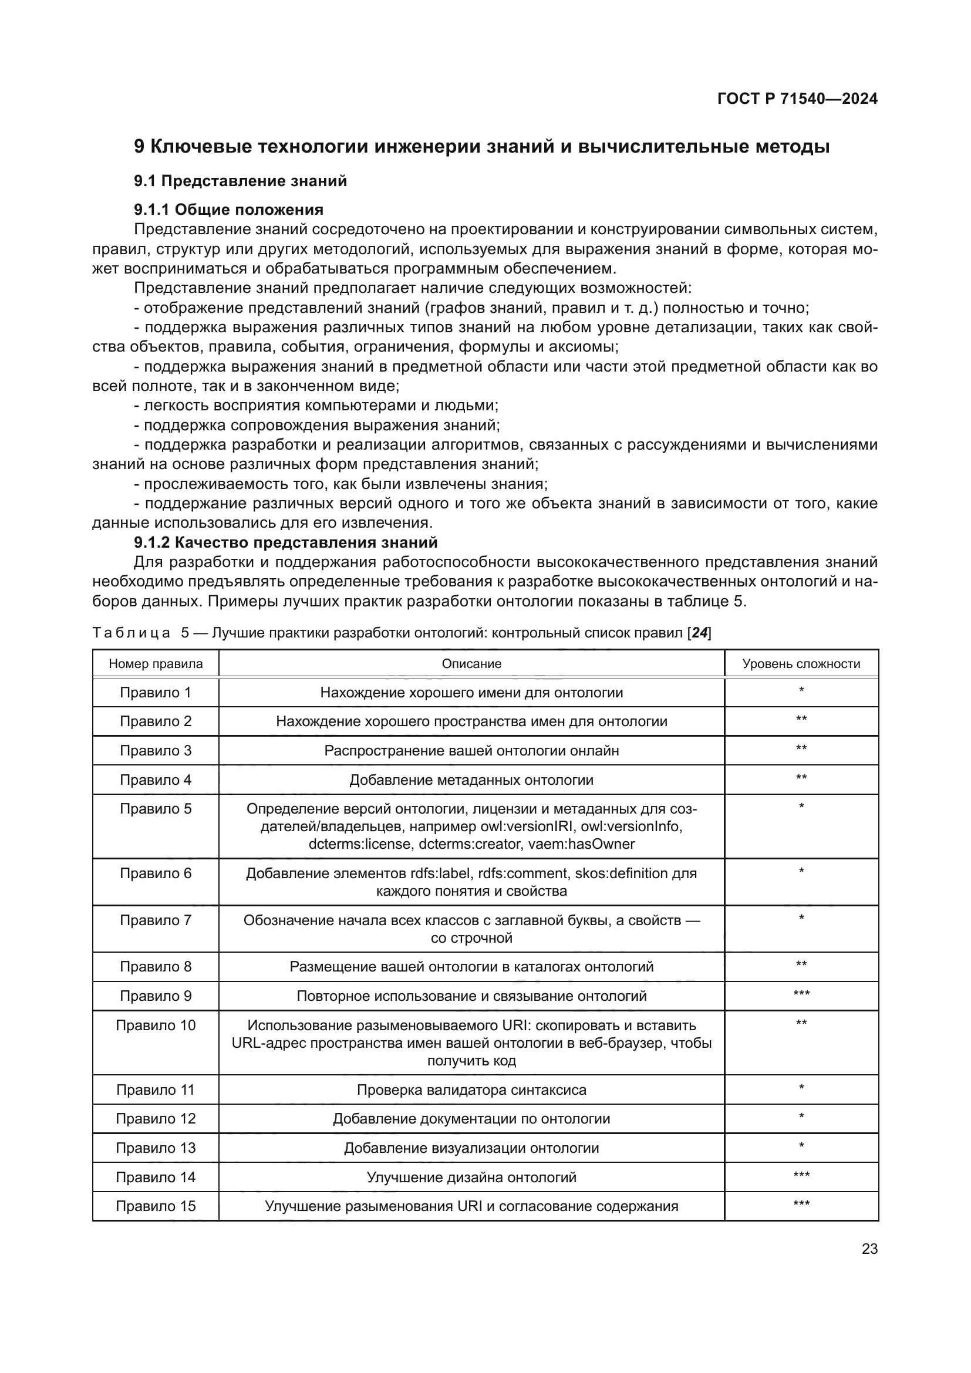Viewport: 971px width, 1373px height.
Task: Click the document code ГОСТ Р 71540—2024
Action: [x=797, y=99]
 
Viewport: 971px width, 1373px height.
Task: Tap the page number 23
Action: [x=869, y=1249]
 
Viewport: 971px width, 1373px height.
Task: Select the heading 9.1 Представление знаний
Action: [x=240, y=181]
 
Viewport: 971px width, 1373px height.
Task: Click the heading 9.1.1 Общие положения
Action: [x=228, y=210]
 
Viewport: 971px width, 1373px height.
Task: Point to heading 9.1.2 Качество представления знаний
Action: [x=286, y=542]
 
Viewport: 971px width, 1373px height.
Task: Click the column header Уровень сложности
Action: [x=801, y=663]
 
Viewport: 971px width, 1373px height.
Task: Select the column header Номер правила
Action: [x=156, y=663]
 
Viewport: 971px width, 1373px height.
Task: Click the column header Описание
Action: [x=471, y=663]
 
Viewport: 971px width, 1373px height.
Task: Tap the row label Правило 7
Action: [x=156, y=920]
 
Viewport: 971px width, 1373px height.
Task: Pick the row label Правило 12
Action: [x=156, y=1119]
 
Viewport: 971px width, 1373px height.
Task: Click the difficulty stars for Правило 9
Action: [x=801, y=994]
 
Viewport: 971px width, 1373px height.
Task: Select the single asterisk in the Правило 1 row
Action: [x=801, y=691]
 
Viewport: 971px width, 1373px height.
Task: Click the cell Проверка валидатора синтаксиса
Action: [x=471, y=1089]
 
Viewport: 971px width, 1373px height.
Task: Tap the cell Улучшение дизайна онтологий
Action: [x=471, y=1178]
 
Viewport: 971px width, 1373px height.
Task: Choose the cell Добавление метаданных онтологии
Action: [x=471, y=780]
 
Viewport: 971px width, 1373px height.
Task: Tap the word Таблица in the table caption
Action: [x=132, y=633]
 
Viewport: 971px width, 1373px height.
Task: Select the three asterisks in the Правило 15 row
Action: [x=801, y=1205]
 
